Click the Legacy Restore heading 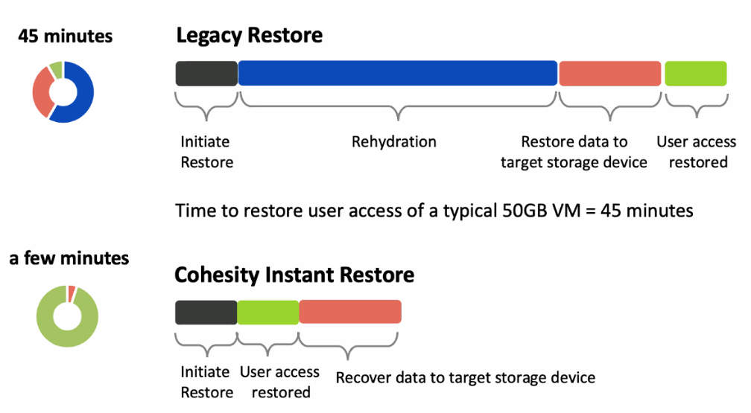pos(249,36)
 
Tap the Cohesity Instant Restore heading pos(294,275)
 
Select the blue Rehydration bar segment pos(398,73)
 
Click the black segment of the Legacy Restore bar pos(206,74)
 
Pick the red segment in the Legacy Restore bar pos(609,74)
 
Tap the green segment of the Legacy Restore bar pos(695,74)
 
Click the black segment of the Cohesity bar pos(206,313)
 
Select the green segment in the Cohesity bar pos(267,313)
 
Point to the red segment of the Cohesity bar pos(350,312)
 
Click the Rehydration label pos(393,142)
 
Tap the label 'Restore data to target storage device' pos(574,153)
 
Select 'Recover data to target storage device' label pos(466,378)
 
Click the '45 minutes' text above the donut pos(65,36)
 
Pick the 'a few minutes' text pos(69,258)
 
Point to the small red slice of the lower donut pos(72,293)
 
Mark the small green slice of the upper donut pos(57,70)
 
